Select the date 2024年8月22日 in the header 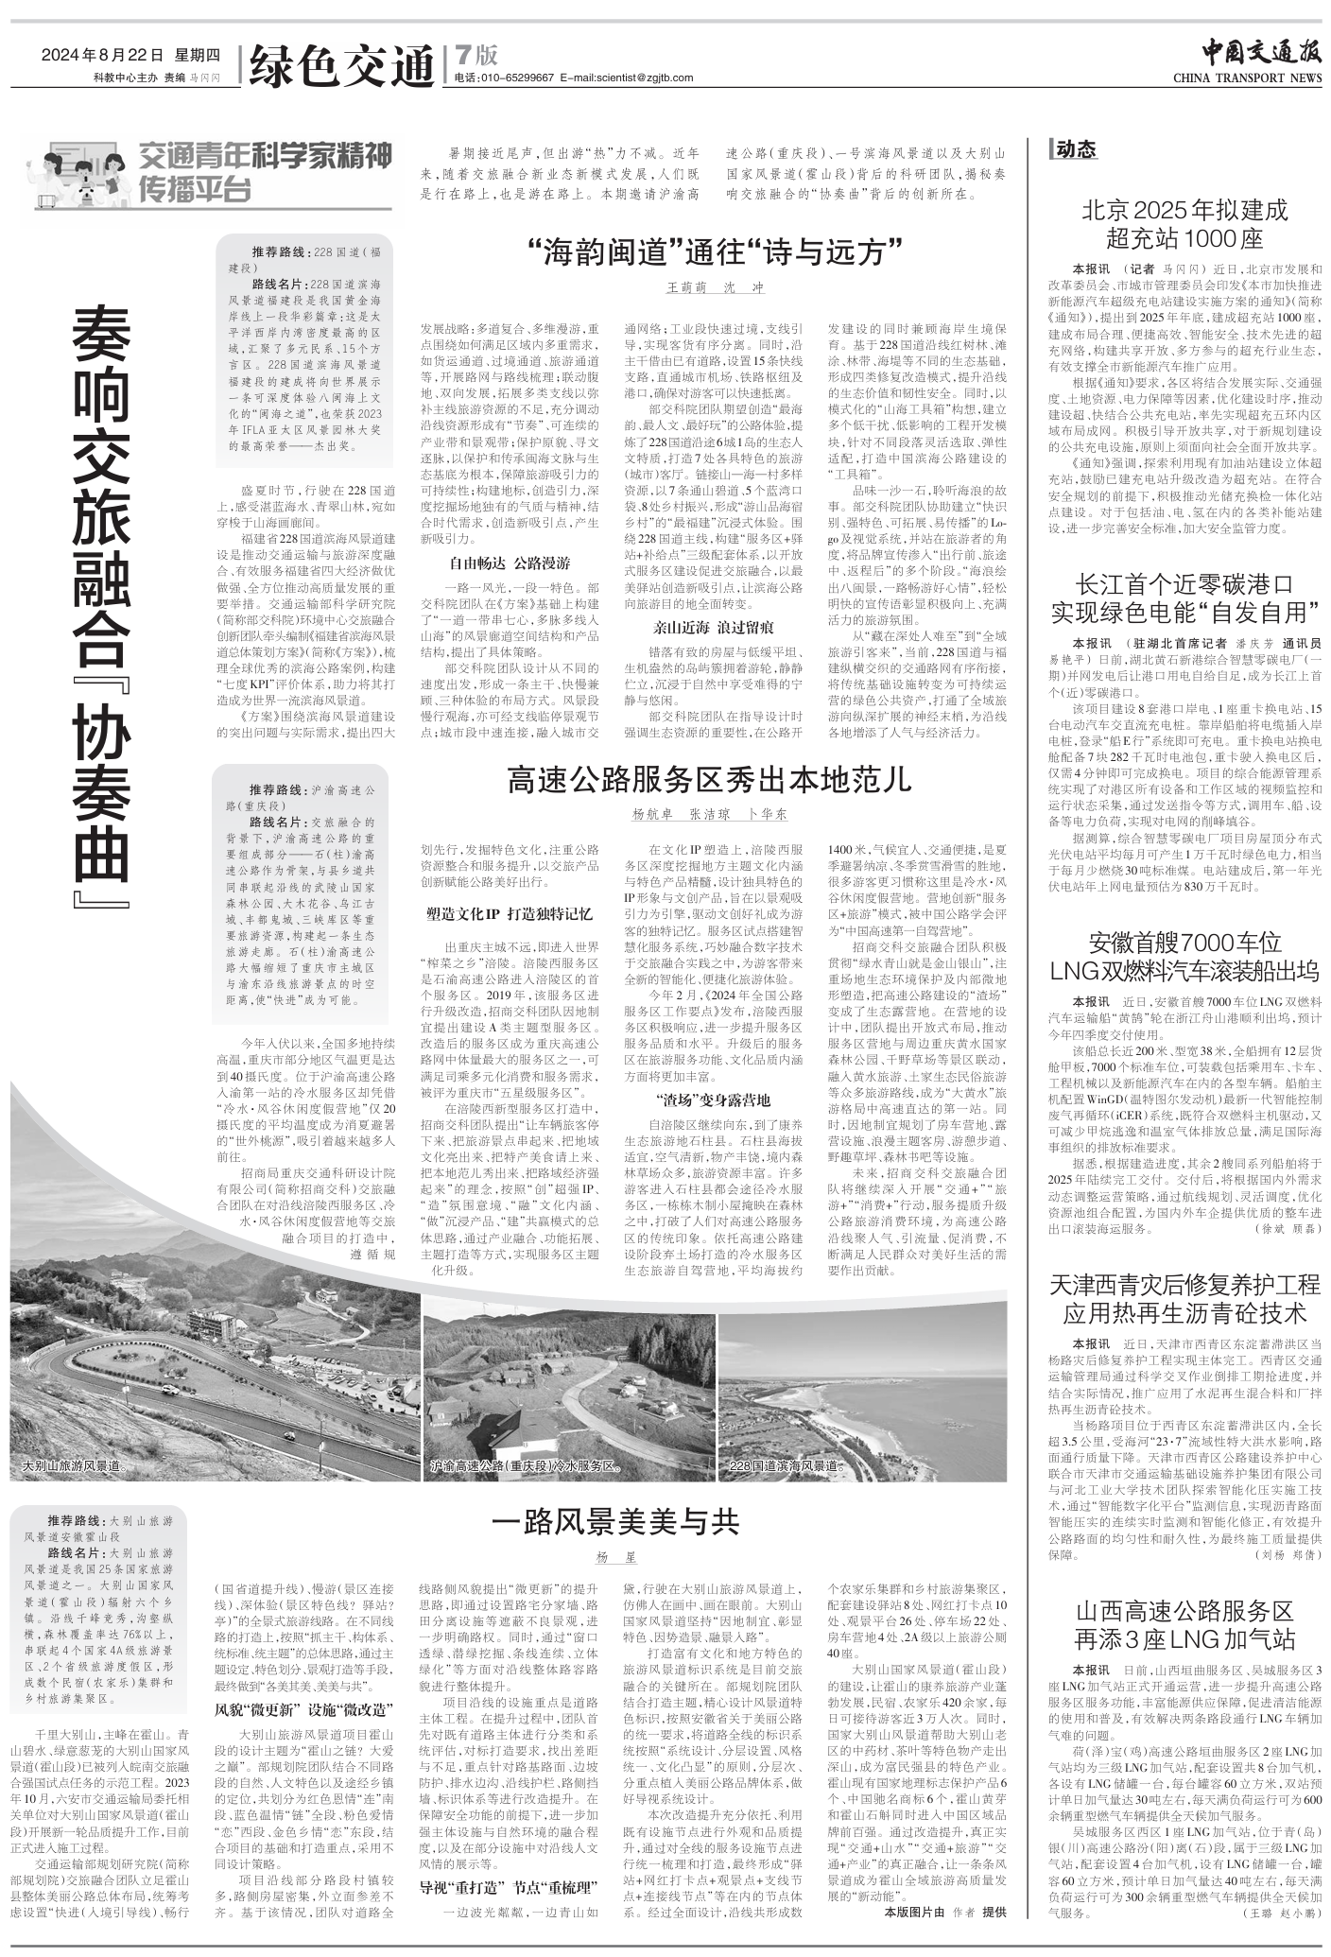point(102,55)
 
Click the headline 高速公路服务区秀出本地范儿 point(709,781)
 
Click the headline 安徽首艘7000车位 point(1184,943)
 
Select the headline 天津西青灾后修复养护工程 point(1184,1286)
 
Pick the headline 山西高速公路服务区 point(1184,1611)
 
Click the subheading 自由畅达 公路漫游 point(509,563)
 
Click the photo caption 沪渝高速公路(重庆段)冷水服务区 point(525,1466)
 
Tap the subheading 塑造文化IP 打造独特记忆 point(509,914)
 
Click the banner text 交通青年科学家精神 point(266,156)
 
